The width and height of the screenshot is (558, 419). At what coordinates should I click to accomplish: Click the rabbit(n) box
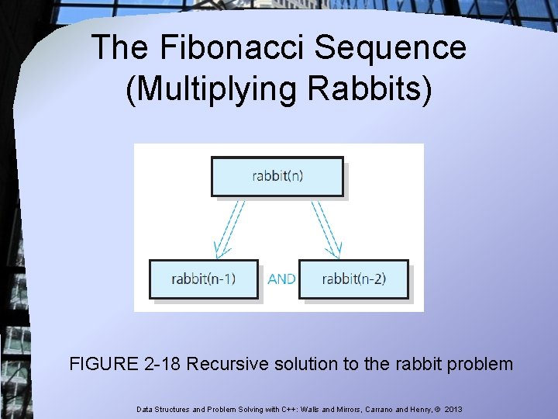(x=277, y=176)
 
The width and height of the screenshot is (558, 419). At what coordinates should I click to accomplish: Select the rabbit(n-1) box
(x=203, y=279)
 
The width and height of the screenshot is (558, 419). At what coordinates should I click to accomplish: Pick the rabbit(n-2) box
(x=353, y=279)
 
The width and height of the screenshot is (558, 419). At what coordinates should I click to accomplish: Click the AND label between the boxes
(x=281, y=279)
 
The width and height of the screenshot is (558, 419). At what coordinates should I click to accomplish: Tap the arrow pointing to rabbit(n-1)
(x=230, y=229)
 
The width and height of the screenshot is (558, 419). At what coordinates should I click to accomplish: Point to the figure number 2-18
(x=162, y=363)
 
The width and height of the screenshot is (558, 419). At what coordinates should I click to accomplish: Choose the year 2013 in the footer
(x=453, y=408)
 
